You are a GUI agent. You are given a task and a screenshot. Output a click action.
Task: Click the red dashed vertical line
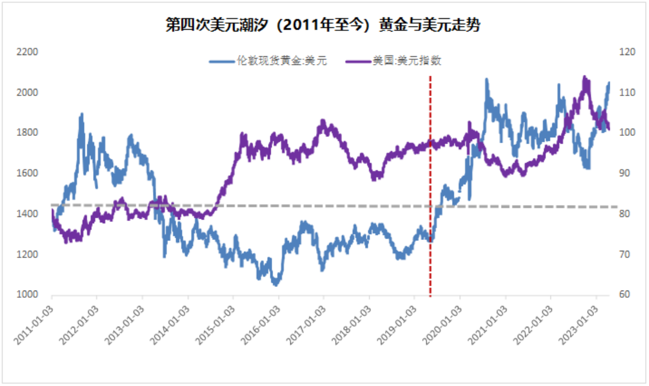430,181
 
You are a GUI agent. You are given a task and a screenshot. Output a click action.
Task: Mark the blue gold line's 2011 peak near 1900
82,114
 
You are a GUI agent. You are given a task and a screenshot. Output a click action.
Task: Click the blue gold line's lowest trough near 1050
276,284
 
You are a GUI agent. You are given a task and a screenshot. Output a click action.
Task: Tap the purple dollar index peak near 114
584,77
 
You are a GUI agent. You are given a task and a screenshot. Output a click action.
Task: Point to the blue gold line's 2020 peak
486,79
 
